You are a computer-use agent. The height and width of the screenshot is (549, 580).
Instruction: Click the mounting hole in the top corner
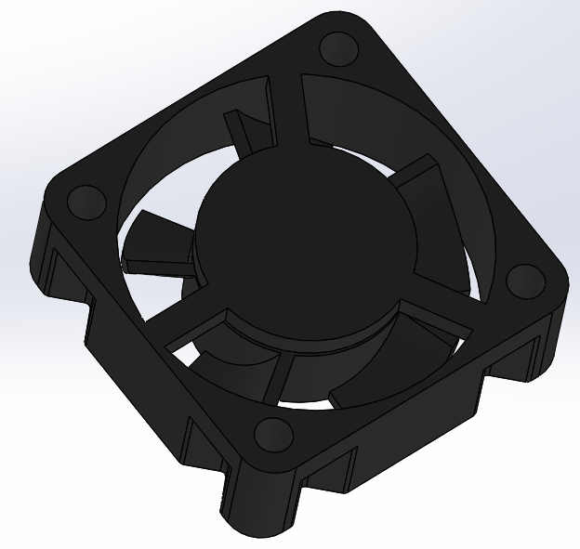click(336, 46)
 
